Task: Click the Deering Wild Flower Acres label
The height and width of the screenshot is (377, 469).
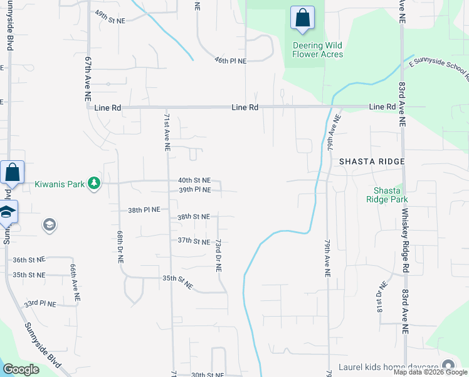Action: tap(318, 50)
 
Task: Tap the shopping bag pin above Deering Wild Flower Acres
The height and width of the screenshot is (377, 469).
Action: tap(302, 19)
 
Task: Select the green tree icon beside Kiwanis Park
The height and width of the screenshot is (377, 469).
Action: tap(94, 183)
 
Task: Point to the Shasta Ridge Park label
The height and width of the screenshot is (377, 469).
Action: tap(391, 195)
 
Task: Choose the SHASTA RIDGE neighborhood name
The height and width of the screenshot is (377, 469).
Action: tap(372, 161)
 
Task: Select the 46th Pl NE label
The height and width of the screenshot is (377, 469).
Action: tap(230, 60)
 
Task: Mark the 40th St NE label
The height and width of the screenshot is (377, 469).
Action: tap(194, 180)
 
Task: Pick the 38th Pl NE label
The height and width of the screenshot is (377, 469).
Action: tap(144, 209)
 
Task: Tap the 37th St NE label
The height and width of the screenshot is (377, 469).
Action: tap(193, 241)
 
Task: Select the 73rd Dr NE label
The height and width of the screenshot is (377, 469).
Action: tap(218, 254)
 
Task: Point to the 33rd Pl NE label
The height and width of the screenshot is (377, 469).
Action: tap(40, 303)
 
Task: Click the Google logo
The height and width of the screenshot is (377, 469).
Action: tap(21, 369)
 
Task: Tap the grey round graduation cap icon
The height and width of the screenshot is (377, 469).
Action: tap(50, 224)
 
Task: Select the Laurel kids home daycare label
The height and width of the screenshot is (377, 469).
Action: tap(389, 367)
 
